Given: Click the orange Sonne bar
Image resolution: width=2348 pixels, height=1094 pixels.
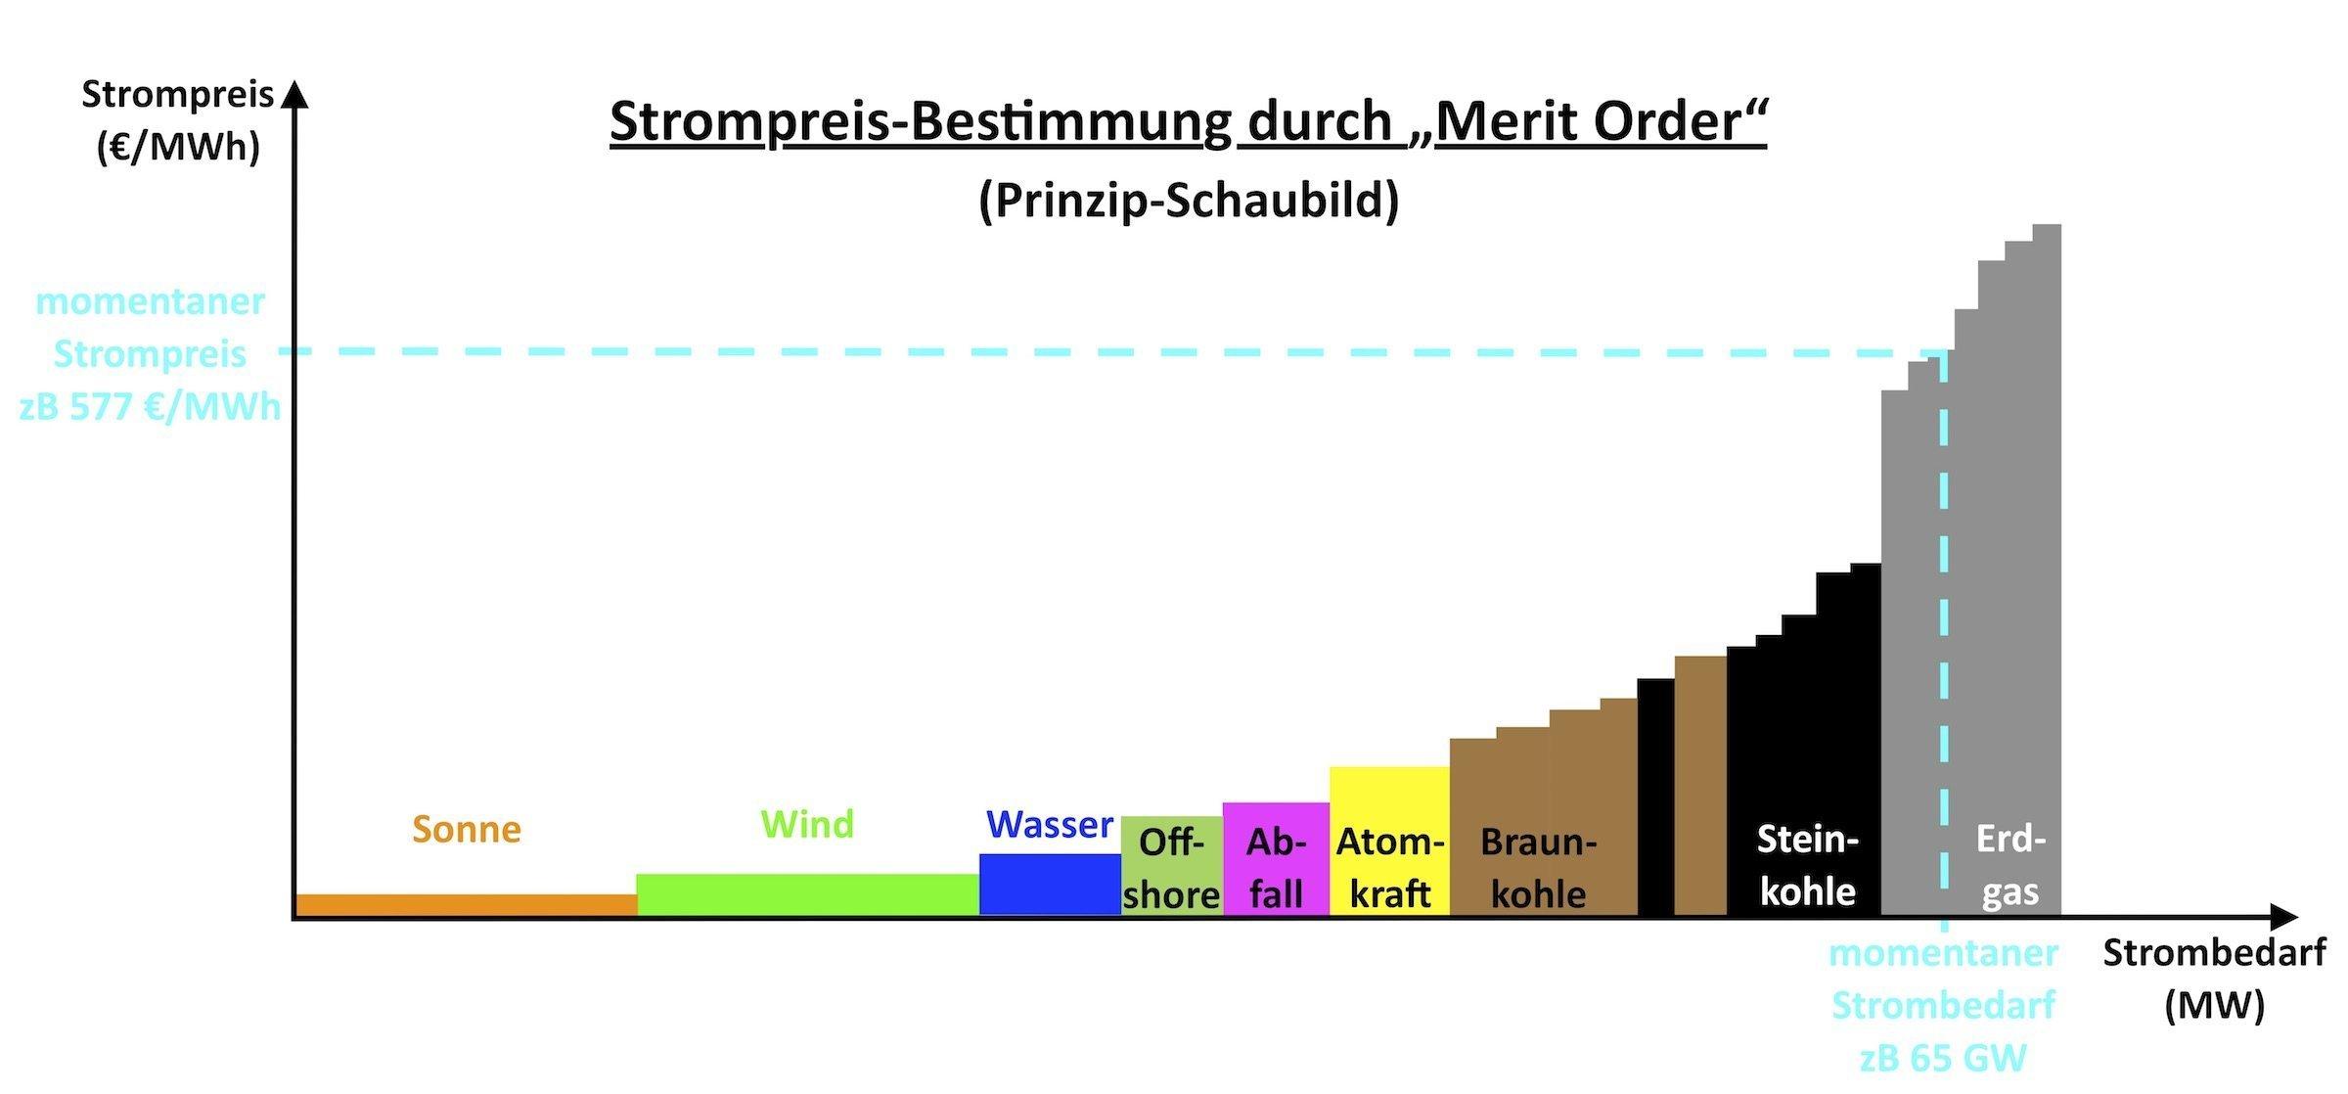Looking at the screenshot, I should (x=466, y=905).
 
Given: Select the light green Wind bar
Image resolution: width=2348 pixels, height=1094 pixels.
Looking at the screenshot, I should (x=807, y=894).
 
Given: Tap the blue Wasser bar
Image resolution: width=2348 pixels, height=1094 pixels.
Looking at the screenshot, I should (x=1050, y=885).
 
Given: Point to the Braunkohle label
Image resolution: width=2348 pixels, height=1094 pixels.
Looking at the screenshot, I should (x=1538, y=868).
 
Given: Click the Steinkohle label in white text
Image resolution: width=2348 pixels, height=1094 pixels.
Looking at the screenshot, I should (x=1807, y=865).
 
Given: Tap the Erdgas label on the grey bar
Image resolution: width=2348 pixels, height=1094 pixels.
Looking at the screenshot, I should (x=2010, y=865).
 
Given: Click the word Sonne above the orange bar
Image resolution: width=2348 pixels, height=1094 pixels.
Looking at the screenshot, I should (x=467, y=830).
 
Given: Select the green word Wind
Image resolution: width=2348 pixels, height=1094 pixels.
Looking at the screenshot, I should (x=807, y=825).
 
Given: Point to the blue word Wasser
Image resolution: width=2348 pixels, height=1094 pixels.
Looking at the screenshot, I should (x=1050, y=825).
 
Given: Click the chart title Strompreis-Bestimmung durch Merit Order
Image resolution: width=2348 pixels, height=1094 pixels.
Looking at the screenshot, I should (x=1188, y=121).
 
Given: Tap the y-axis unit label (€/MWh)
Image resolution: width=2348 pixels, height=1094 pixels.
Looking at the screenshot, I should (x=178, y=148).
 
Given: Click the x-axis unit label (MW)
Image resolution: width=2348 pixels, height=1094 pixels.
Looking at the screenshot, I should (x=2215, y=1006).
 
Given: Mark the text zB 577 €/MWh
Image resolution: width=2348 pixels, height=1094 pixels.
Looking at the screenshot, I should (x=150, y=406).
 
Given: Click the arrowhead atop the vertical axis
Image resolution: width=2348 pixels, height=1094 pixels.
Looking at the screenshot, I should (x=294, y=94).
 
